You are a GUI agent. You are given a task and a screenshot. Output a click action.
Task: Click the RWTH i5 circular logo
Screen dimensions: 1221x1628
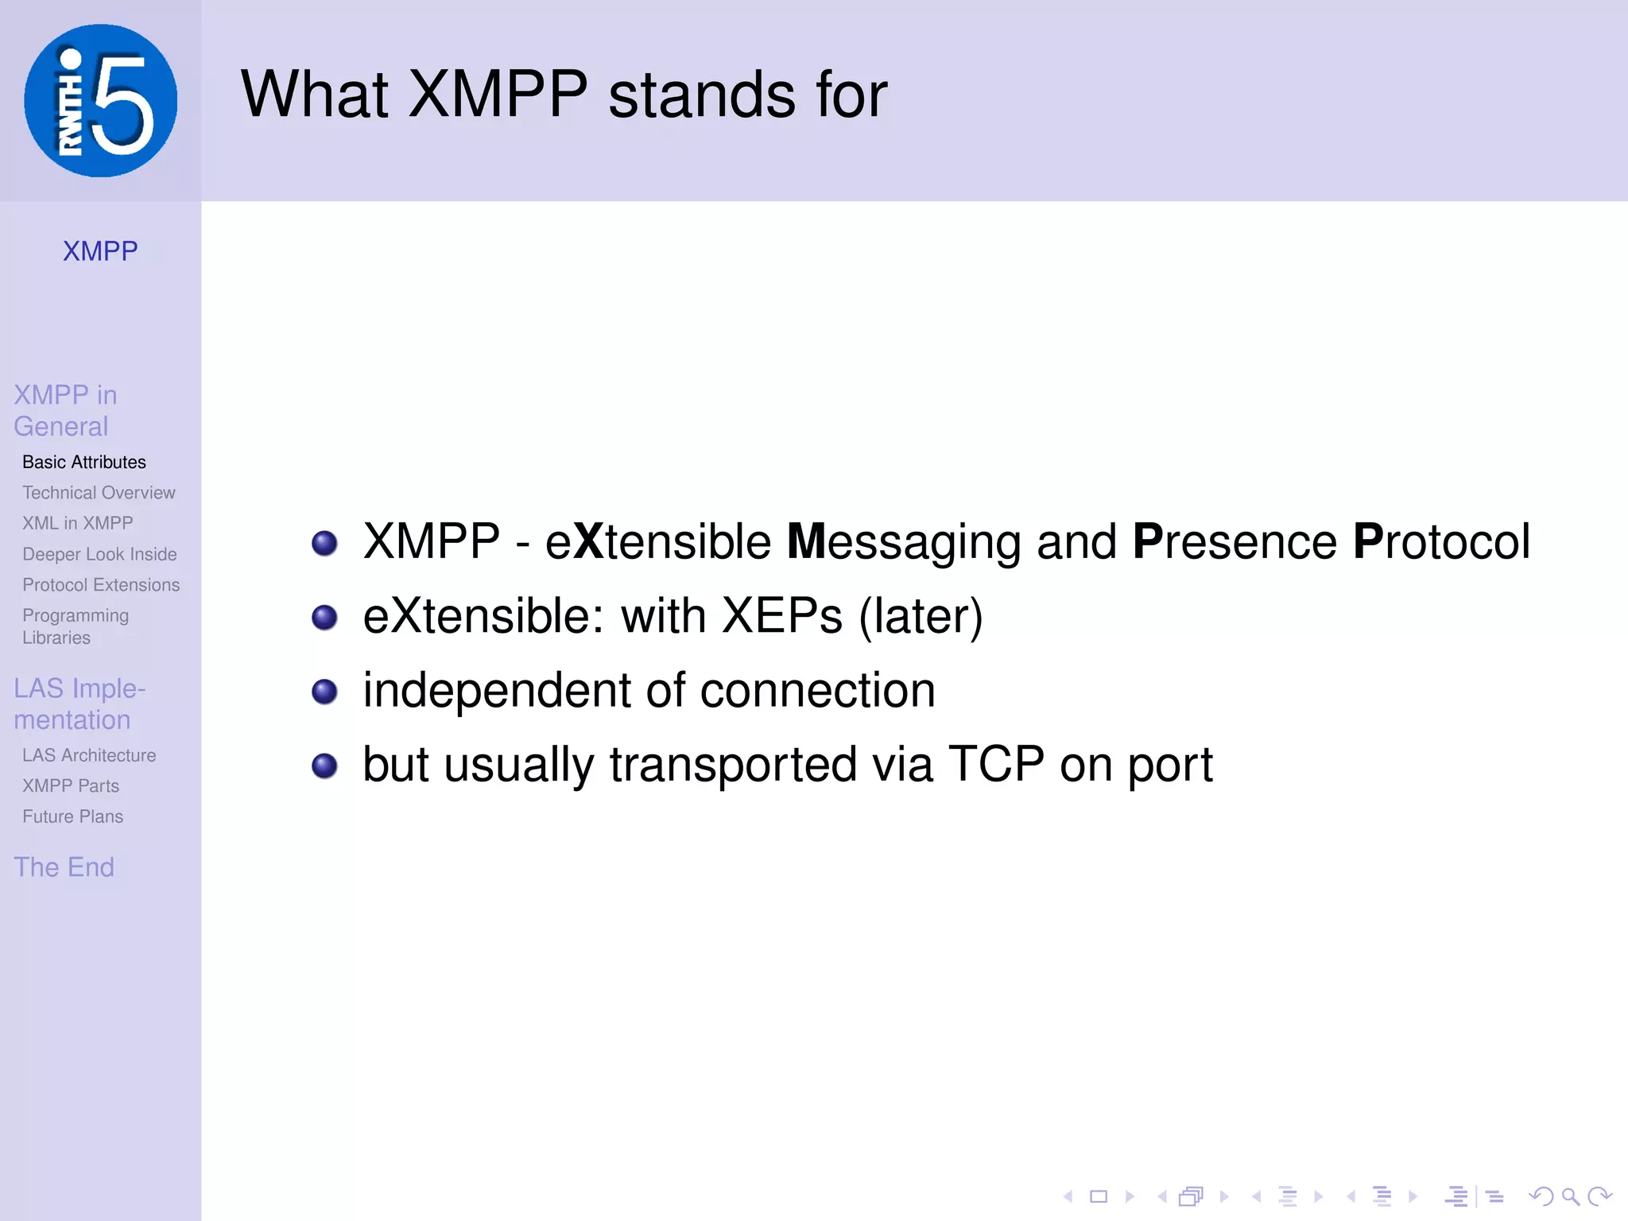pyautogui.click(x=100, y=101)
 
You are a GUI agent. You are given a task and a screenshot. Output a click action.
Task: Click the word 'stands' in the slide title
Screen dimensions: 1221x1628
pyautogui.click(x=702, y=95)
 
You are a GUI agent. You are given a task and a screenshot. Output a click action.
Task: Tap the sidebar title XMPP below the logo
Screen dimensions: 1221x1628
pyautogui.click(x=100, y=251)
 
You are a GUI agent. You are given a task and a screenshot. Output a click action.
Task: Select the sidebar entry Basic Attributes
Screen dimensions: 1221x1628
pyautogui.click(x=84, y=462)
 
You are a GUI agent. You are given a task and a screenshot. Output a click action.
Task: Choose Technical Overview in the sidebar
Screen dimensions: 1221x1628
pyautogui.click(x=99, y=493)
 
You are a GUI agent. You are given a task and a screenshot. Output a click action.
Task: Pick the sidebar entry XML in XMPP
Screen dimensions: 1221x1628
pyautogui.click(x=78, y=523)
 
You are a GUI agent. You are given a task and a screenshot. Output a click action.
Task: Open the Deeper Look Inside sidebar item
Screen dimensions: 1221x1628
pyautogui.click(x=99, y=554)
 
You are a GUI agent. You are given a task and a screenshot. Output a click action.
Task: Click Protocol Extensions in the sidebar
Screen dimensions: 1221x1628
pyautogui.click(x=101, y=585)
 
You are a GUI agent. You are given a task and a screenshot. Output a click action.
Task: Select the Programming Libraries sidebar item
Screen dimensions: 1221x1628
pyautogui.click(x=76, y=626)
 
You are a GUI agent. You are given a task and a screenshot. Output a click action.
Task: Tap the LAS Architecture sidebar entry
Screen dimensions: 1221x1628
pyautogui.click(x=89, y=755)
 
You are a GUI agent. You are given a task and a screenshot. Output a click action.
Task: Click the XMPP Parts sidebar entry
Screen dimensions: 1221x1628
pyautogui.click(x=71, y=786)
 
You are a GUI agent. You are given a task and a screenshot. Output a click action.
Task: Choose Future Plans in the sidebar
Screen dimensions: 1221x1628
pyautogui.click(x=73, y=816)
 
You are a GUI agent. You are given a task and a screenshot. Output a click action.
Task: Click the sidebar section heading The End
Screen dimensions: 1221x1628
pyautogui.click(x=64, y=866)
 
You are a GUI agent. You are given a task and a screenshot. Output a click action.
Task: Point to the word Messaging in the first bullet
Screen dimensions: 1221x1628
pyautogui.click(x=903, y=542)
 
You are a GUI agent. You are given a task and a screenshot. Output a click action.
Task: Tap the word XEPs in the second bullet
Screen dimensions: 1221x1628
pyautogui.click(x=782, y=616)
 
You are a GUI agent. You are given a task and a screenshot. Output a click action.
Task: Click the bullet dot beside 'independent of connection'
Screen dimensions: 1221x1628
pyautogui.click(x=324, y=692)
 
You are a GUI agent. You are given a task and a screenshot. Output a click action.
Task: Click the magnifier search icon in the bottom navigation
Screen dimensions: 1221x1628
pyautogui.click(x=1570, y=1196)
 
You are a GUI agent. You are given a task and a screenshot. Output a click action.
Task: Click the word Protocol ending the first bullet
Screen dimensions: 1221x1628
pyautogui.click(x=1441, y=542)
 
